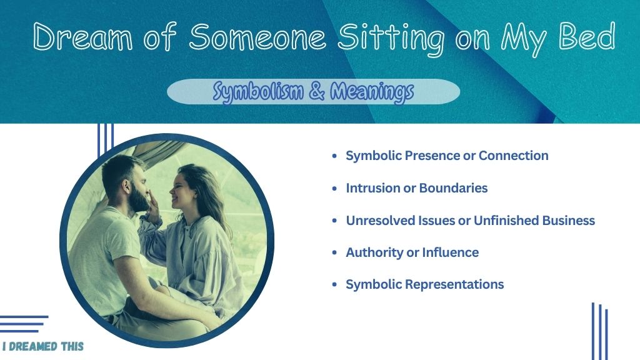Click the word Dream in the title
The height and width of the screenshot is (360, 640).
(x=83, y=37)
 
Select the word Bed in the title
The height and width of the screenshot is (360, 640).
(x=587, y=36)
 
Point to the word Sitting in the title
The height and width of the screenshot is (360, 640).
(x=391, y=39)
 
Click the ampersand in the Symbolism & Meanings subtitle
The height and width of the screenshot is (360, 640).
(x=317, y=91)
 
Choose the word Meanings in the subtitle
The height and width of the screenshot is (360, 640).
(x=372, y=92)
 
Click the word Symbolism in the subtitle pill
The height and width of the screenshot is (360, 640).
(x=258, y=92)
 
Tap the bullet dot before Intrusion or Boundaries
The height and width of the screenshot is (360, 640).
(x=335, y=188)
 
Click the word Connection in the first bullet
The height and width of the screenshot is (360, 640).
(x=514, y=156)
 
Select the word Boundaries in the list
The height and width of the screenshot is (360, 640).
(x=453, y=187)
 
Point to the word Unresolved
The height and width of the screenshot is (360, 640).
(x=381, y=221)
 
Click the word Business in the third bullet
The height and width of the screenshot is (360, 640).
(x=568, y=221)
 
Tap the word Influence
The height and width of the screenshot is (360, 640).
(x=450, y=252)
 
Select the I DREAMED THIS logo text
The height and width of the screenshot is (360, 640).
(x=43, y=346)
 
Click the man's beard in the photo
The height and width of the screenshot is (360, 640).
(x=138, y=199)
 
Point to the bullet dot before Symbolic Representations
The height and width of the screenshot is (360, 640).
(x=335, y=284)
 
